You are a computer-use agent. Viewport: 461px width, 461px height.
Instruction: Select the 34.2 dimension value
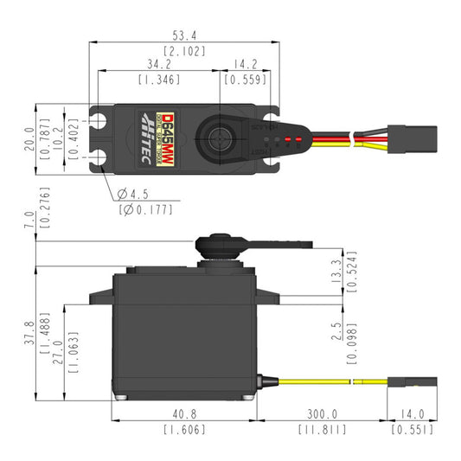tap(159, 64)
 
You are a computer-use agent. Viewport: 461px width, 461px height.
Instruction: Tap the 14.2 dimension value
tap(245, 64)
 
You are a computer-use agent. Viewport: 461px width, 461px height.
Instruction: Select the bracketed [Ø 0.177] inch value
tap(144, 208)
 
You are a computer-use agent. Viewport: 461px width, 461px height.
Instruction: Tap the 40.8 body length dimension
tap(184, 414)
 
